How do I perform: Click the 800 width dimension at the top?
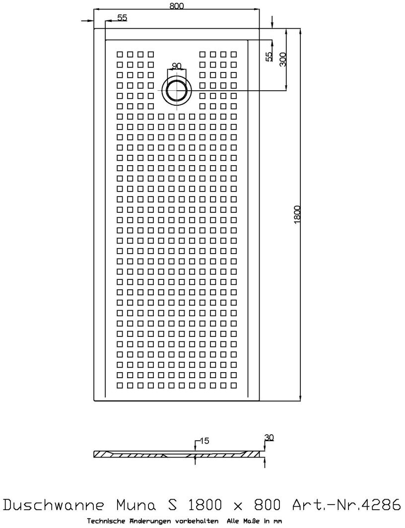click(x=177, y=5)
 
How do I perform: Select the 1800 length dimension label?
click(x=297, y=214)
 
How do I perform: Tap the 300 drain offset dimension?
click(x=283, y=60)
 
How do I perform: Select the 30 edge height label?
click(x=269, y=437)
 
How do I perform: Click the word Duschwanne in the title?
click(x=56, y=505)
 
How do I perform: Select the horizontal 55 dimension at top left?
click(x=122, y=18)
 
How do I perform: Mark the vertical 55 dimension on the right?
click(x=269, y=57)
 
